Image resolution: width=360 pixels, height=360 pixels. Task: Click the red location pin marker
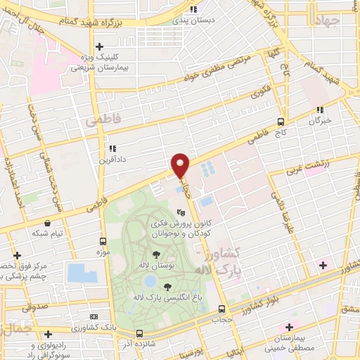click(181, 165)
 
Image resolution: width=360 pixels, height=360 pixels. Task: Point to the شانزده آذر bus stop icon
click(139, 333)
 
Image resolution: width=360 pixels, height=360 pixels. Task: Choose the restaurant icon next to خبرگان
click(321, 110)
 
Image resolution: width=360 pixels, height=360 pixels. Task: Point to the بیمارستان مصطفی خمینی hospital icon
click(287, 328)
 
